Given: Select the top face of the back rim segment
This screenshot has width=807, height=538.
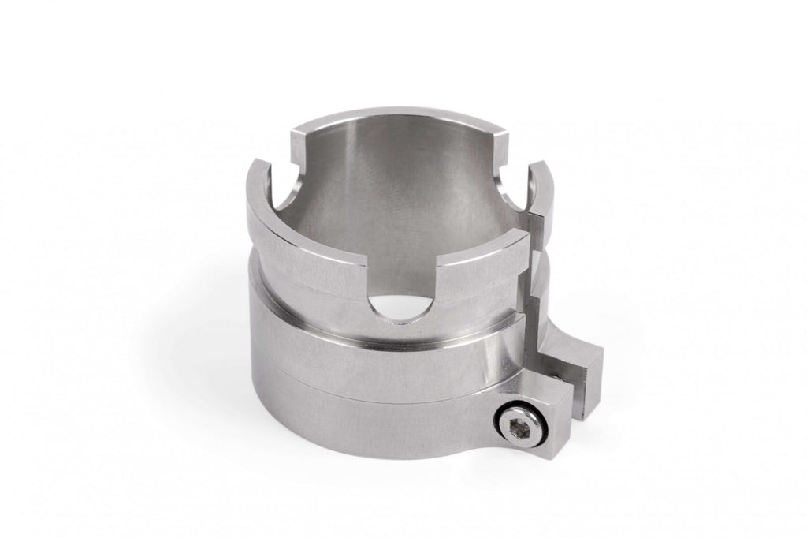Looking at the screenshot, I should pos(394,118).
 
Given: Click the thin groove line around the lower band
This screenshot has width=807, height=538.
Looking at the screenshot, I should pos(355,379).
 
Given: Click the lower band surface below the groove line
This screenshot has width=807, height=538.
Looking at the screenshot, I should pos(355,418).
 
